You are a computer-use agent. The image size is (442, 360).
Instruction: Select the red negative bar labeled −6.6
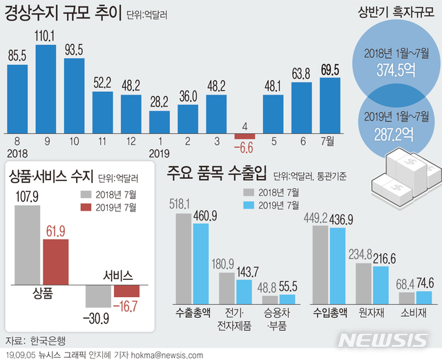pyautogui.click(x=244, y=135)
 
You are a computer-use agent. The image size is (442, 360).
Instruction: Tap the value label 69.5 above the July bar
pyautogui.click(x=330, y=69)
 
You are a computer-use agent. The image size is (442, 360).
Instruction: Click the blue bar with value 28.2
pyautogui.click(x=160, y=120)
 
